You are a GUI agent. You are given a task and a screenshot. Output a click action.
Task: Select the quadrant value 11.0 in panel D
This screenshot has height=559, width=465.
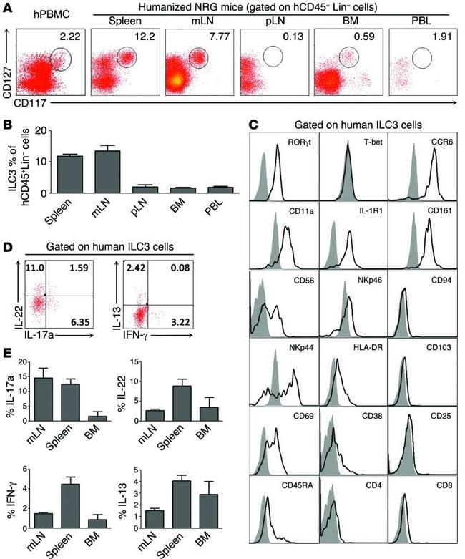[33, 268]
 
